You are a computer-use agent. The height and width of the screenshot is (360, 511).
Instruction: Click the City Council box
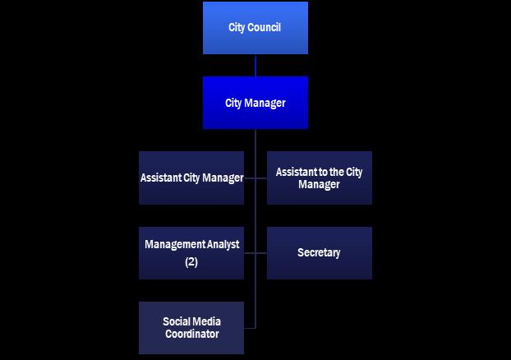pos(255,28)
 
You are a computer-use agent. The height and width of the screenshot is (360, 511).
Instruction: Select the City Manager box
pos(255,103)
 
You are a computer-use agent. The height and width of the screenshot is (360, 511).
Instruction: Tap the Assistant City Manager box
pos(191,178)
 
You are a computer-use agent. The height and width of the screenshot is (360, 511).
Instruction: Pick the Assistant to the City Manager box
pos(319,178)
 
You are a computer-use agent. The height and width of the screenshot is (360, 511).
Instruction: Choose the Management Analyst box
pos(191,253)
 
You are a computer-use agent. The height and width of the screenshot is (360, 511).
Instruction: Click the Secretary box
pos(319,253)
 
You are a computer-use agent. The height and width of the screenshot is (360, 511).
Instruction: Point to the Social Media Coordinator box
pos(191,328)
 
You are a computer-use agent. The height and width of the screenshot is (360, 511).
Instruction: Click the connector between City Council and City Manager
pos(255,66)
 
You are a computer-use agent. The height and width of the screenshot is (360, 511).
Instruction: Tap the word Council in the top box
pos(265,28)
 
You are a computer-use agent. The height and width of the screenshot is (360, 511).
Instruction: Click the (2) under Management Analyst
pos(191,262)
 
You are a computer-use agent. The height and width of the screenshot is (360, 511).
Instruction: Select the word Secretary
pos(319,253)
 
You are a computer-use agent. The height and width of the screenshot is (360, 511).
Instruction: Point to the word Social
pos(177,321)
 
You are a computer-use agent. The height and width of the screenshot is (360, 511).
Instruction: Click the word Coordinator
pos(191,335)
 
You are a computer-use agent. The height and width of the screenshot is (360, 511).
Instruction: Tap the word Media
pos(207,321)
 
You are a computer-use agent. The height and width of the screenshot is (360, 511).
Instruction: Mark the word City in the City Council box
pos(237,28)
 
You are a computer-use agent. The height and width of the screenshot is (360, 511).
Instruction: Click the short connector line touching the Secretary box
pos(261,253)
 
